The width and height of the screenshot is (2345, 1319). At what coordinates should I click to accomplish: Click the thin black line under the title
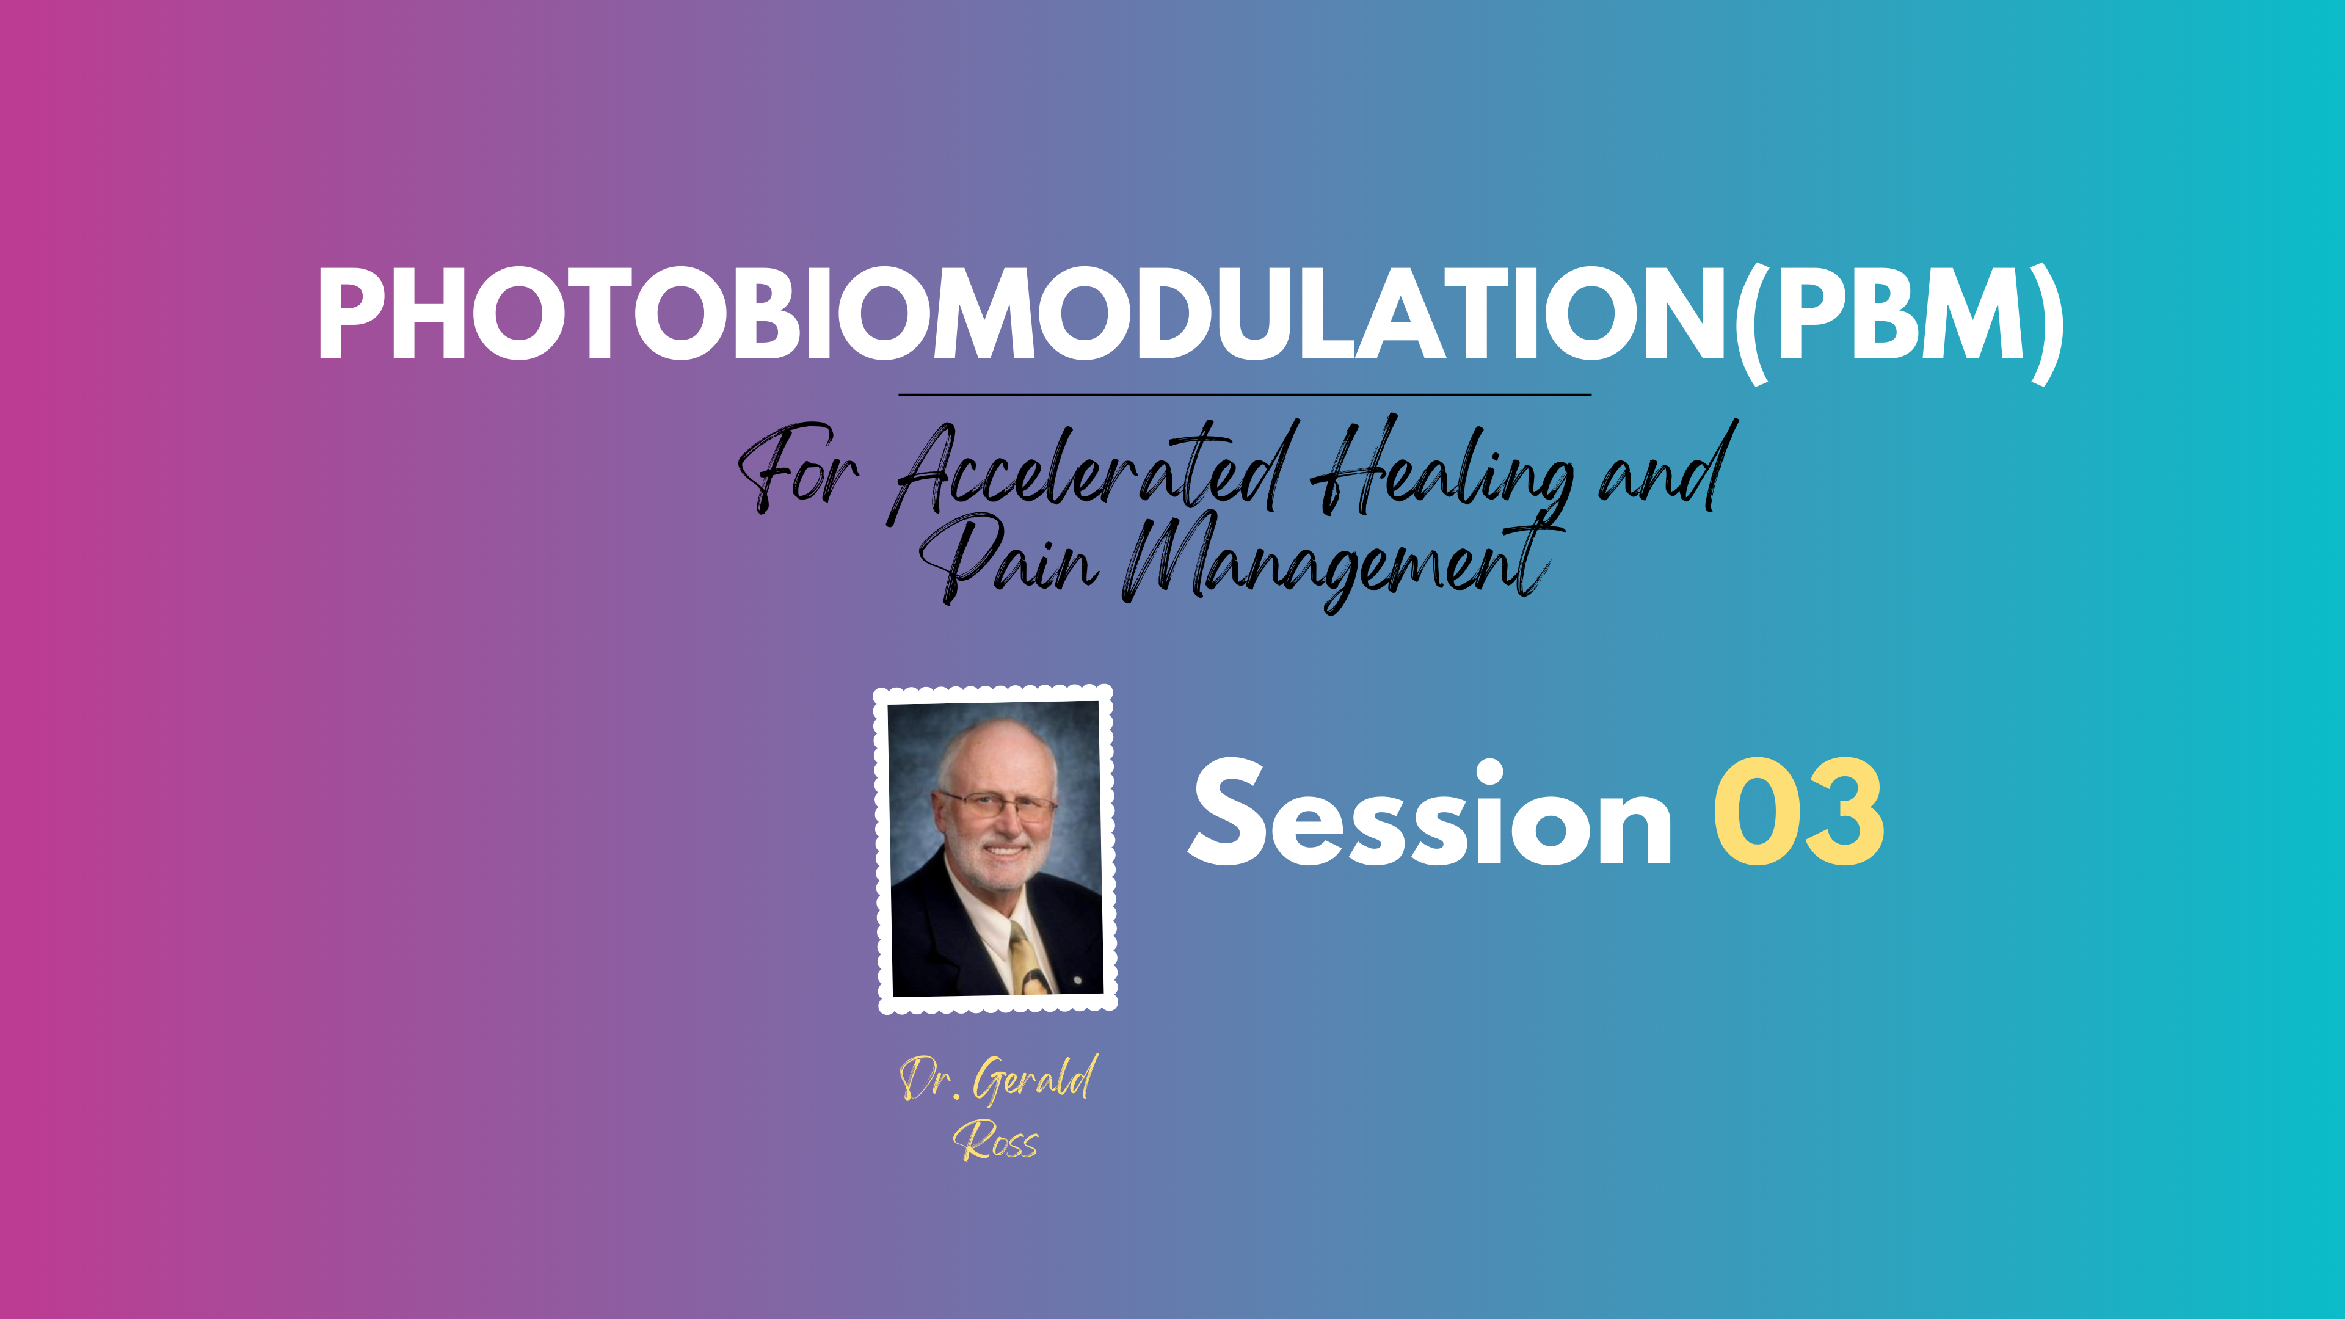click(x=1245, y=395)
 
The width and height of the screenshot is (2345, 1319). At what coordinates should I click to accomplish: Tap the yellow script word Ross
click(x=996, y=1141)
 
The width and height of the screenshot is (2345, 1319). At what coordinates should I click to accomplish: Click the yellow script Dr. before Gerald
click(x=928, y=1080)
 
